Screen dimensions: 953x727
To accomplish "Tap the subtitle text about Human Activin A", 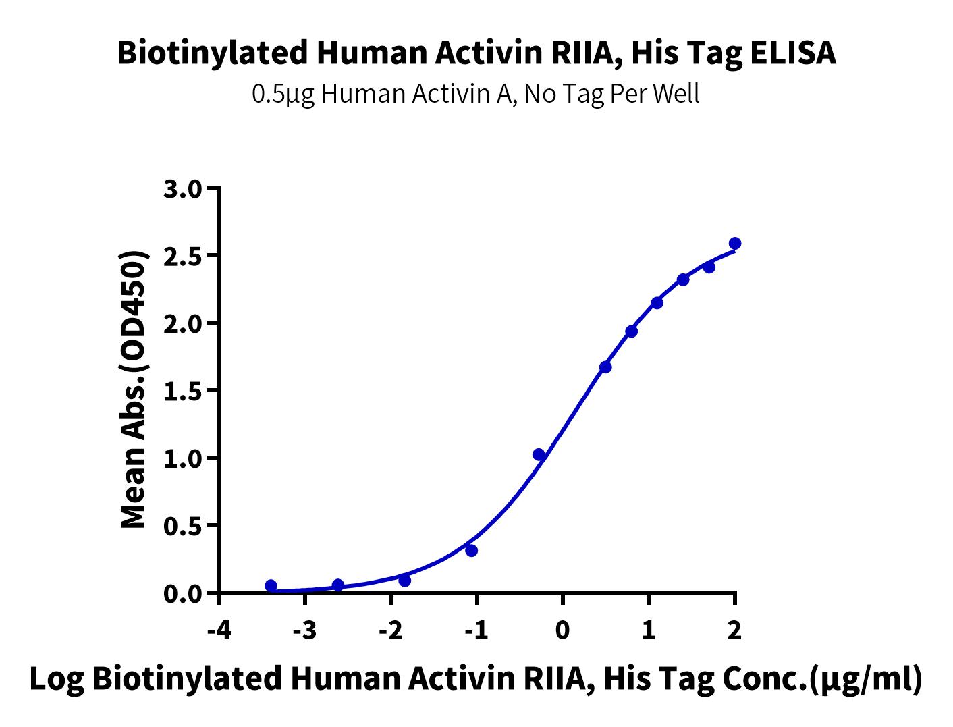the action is point(475,94).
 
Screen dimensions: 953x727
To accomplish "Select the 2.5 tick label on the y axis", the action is point(183,257).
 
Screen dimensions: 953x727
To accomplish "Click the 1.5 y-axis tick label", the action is point(183,392).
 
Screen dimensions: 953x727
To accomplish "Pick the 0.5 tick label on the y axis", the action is point(183,527).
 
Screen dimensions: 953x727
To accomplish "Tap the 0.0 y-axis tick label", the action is point(183,594).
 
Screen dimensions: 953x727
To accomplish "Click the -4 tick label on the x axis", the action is point(219,630).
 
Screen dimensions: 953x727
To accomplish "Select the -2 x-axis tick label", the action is point(391,630).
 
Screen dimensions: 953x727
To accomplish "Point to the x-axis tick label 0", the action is point(562,630).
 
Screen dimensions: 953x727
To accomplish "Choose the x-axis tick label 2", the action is point(734,630).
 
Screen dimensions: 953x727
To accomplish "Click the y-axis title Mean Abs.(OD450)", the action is point(133,389).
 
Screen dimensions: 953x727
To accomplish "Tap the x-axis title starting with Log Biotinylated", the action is point(476,680).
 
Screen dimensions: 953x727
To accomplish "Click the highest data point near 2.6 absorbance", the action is point(734,243).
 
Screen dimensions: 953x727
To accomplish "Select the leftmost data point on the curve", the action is point(271,586).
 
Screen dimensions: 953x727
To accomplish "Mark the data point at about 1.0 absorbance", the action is point(539,455).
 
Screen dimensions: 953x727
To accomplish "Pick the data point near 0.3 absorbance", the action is point(472,551).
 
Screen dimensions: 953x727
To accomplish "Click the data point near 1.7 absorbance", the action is point(605,367).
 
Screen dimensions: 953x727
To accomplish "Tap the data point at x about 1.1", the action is point(657,303).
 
